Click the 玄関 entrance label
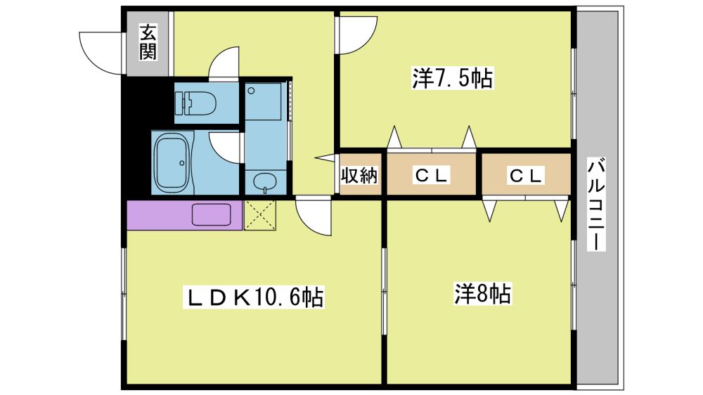148,43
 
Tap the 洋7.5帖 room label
452,78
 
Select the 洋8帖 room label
482,294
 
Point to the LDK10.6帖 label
253,297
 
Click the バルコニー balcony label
596,204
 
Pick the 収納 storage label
359,175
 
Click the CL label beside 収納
432,175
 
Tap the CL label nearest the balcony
527,175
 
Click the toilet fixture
196,103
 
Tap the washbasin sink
266,182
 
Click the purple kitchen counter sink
211,215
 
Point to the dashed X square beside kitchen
259,215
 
